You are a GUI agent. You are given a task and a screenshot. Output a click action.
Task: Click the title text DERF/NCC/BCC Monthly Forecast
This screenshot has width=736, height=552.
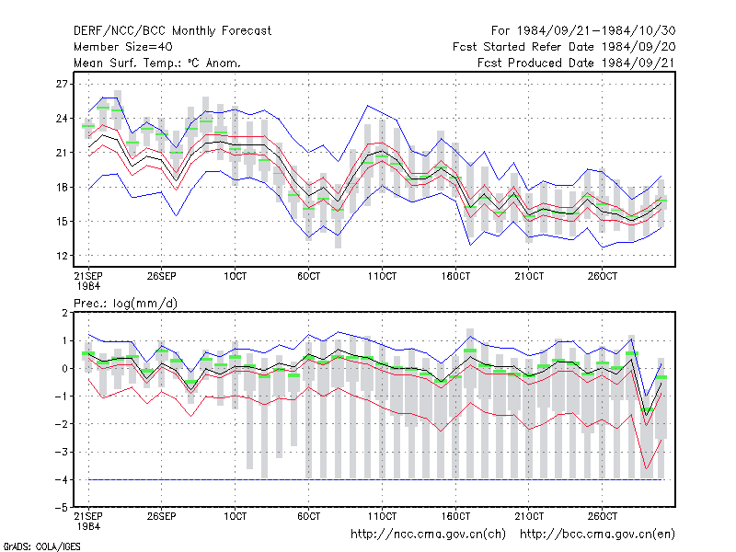172,31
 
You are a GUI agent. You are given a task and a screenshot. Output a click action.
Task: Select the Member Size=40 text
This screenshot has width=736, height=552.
123,47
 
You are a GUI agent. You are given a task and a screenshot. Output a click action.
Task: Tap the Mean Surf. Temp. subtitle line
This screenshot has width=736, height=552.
157,63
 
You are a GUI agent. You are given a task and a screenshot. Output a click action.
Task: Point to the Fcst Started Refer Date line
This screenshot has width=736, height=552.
564,47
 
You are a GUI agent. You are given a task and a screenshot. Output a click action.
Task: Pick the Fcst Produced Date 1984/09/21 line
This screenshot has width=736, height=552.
577,63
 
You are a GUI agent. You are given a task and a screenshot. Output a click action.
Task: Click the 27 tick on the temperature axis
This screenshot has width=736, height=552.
62,84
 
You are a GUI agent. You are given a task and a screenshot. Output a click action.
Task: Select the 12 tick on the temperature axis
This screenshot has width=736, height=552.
62,256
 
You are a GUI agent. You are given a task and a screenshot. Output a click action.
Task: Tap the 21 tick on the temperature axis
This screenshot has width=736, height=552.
62,153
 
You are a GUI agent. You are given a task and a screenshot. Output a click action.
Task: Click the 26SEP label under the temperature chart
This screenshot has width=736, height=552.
162,276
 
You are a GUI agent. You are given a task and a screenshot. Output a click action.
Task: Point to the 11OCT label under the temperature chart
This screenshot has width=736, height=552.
382,276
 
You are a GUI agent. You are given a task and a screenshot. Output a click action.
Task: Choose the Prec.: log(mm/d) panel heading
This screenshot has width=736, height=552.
126,304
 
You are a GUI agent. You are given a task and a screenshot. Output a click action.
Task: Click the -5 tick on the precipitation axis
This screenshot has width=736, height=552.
61,508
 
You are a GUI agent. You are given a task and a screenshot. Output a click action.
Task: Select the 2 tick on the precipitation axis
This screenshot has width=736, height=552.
64,313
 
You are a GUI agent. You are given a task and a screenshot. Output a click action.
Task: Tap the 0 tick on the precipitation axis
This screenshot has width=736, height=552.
64,369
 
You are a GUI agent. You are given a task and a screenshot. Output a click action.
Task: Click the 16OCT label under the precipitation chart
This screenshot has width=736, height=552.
455,516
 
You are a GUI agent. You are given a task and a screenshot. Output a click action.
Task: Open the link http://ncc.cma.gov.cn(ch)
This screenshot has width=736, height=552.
429,535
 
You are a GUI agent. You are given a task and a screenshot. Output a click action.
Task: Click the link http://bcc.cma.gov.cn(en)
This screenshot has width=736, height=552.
597,535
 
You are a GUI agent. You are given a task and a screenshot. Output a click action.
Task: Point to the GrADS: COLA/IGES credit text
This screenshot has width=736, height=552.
41,546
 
